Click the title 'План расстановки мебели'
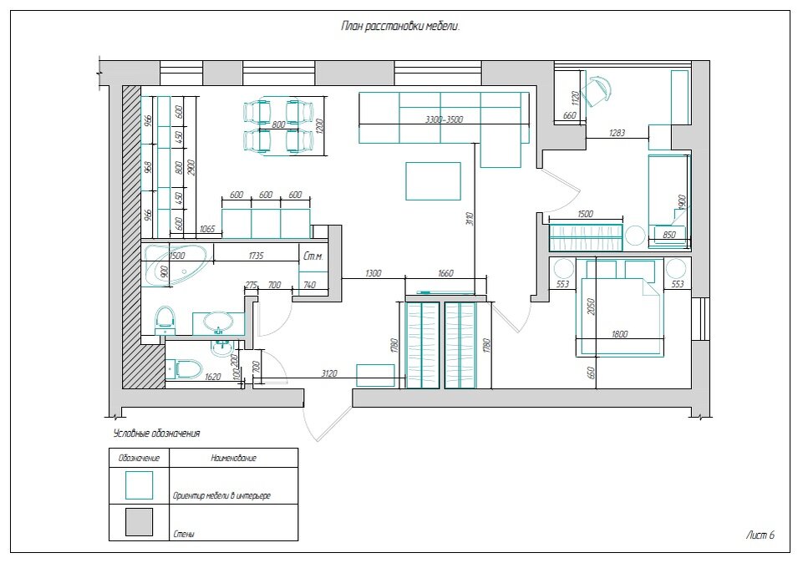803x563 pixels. [401, 26]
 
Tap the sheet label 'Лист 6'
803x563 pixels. [760, 535]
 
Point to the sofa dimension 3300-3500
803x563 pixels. [443, 120]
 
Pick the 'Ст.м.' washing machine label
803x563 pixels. [313, 257]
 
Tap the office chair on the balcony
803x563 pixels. [597, 90]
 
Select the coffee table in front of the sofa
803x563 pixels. [433, 181]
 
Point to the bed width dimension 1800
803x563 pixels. [620, 334]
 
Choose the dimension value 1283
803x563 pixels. [617, 133]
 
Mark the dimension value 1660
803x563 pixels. [445, 273]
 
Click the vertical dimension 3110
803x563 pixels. [470, 219]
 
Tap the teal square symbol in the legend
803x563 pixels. [139, 484]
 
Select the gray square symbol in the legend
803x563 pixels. [139, 522]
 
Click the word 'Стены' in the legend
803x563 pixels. [183, 533]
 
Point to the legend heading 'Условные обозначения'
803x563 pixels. [156, 434]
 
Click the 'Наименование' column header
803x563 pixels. [234, 458]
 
